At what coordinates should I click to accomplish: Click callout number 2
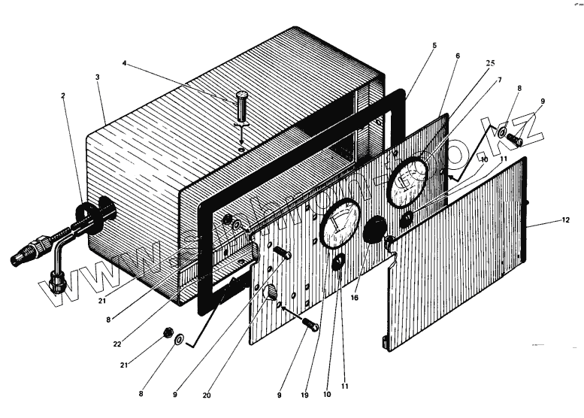(x=63, y=97)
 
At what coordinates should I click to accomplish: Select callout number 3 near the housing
(x=97, y=77)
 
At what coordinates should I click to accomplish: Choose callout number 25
(x=489, y=64)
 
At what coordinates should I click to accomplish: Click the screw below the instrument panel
(x=310, y=326)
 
